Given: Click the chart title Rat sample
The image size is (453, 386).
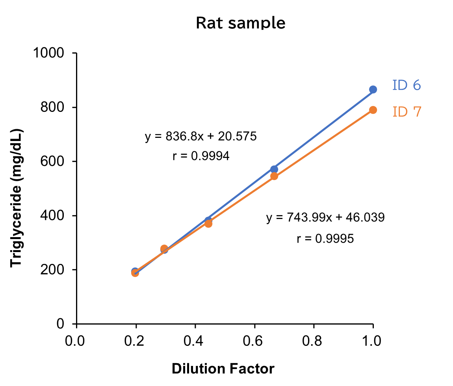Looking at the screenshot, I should coord(240,23).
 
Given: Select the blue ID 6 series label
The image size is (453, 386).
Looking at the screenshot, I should coord(406,85).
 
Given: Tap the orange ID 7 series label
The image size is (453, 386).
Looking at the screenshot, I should coord(407,112).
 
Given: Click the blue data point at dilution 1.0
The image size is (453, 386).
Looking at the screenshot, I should coord(373,89).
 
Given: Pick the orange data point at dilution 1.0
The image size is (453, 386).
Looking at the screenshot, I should coord(373,110).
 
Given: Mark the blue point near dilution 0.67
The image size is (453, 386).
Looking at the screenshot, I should coord(274,169).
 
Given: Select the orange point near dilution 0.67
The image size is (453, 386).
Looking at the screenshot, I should coord(274,176).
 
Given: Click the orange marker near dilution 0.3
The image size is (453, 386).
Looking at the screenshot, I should coord(164,249).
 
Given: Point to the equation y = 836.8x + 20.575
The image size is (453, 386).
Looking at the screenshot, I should coord(201,137).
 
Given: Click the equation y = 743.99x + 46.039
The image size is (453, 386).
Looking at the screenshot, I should coord(325,217).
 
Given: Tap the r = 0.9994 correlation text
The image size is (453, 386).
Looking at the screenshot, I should coord(201,156).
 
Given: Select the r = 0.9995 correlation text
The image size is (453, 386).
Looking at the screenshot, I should coord(325,238).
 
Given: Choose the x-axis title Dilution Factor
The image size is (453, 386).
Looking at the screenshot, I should coord(223,369).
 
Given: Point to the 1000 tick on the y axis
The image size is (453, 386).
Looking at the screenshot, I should coord(49,54).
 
